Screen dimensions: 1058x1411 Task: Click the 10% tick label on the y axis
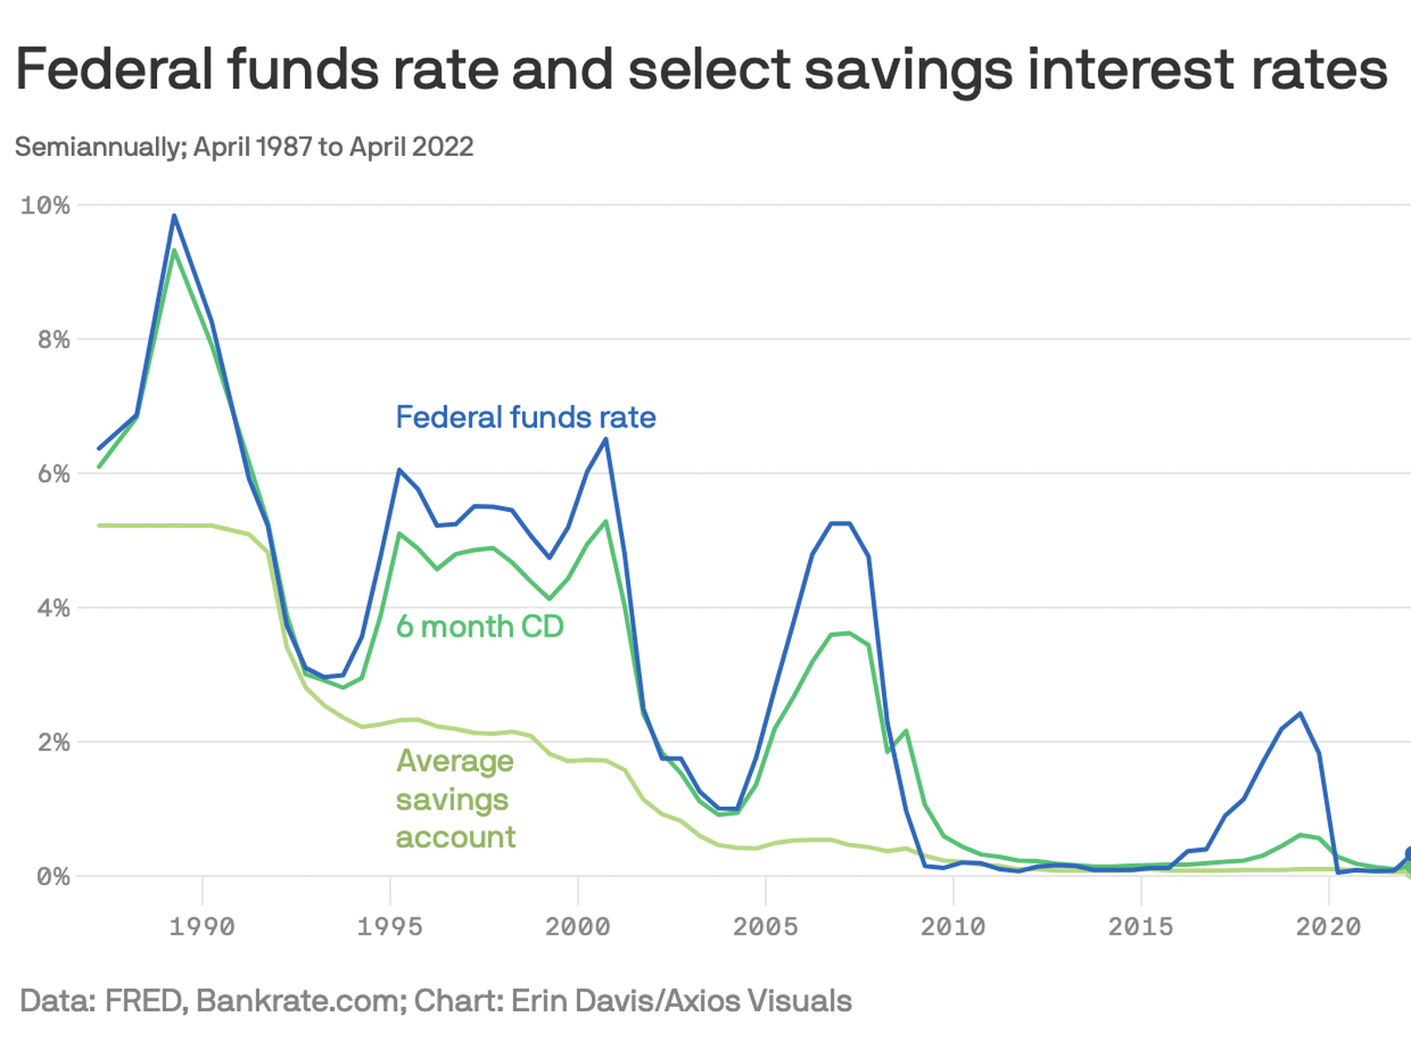(45, 205)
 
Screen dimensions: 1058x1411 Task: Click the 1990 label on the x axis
(202, 927)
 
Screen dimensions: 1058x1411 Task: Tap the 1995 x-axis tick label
(390, 927)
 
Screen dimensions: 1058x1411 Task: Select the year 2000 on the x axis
(578, 927)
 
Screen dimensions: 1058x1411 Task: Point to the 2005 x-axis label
(765, 927)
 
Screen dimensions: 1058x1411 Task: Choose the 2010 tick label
(953, 927)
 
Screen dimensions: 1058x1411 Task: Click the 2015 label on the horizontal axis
(1141, 927)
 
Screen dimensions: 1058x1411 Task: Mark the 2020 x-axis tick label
(1329, 927)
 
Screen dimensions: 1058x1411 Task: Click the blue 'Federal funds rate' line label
(526, 417)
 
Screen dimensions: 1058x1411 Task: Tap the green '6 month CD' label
(480, 627)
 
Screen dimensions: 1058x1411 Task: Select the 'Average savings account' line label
(455, 799)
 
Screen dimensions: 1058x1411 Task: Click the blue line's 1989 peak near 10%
(174, 216)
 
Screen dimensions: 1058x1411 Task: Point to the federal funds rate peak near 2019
(1300, 714)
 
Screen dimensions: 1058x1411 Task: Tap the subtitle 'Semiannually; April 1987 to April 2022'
(244, 146)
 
